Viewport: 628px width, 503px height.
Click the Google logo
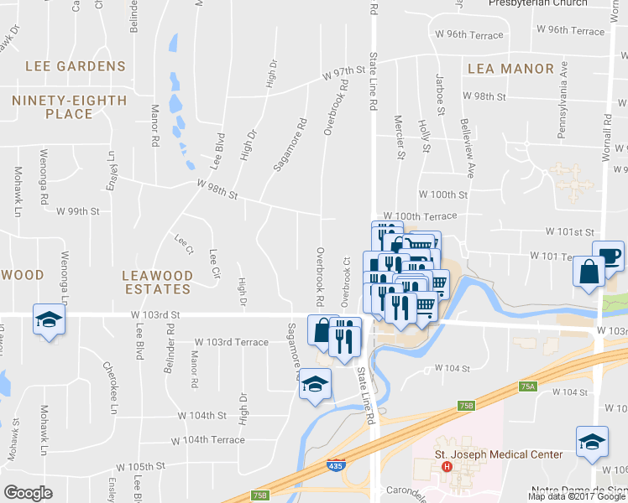(x=29, y=493)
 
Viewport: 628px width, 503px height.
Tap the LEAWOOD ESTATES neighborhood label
(x=157, y=282)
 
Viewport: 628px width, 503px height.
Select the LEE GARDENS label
(x=76, y=66)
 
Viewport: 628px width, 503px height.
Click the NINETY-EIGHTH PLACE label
(x=70, y=107)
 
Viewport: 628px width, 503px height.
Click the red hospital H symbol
(x=447, y=467)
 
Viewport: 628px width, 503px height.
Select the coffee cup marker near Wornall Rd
(x=608, y=255)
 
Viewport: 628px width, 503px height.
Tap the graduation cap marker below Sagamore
(x=316, y=384)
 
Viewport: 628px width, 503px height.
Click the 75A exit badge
(x=527, y=386)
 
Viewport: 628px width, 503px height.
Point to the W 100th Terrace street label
(x=420, y=216)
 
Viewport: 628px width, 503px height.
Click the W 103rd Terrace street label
(x=232, y=342)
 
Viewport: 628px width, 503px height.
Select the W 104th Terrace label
(x=207, y=440)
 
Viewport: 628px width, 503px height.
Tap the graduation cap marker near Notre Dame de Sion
(x=591, y=441)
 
